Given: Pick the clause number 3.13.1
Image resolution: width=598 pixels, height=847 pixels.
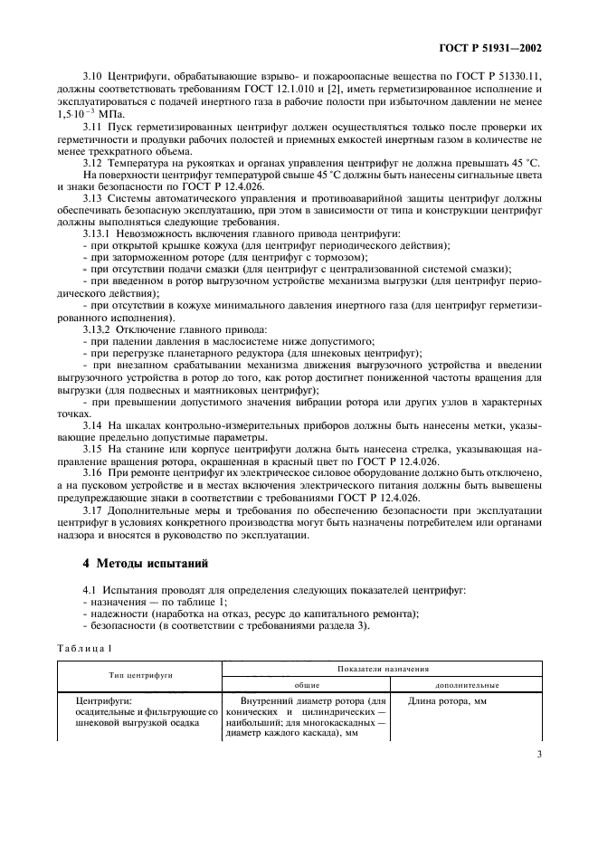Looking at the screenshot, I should (97, 233).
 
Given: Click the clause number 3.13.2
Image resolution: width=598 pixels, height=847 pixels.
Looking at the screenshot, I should (97, 328).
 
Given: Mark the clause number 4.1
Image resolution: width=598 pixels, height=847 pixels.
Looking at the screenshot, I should (90, 590).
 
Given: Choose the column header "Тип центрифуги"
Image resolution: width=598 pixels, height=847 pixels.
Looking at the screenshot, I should (140, 675).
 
